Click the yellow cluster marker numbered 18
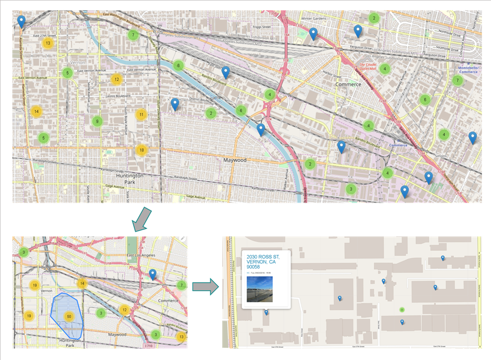tap(141, 150)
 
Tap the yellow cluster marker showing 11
tap(141, 114)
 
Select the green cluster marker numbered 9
tap(96, 121)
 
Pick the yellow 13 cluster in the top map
tap(48, 43)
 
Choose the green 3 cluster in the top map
tap(350, 189)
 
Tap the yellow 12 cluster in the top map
tap(116, 80)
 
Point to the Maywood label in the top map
tap(235, 160)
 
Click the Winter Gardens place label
tap(313, 18)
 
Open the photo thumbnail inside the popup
tap(259, 289)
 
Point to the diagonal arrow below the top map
tap(142, 220)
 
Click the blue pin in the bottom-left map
tap(153, 274)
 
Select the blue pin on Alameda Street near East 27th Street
tap(21, 21)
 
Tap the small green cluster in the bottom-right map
tap(402, 310)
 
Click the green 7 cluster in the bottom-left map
tap(181, 286)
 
